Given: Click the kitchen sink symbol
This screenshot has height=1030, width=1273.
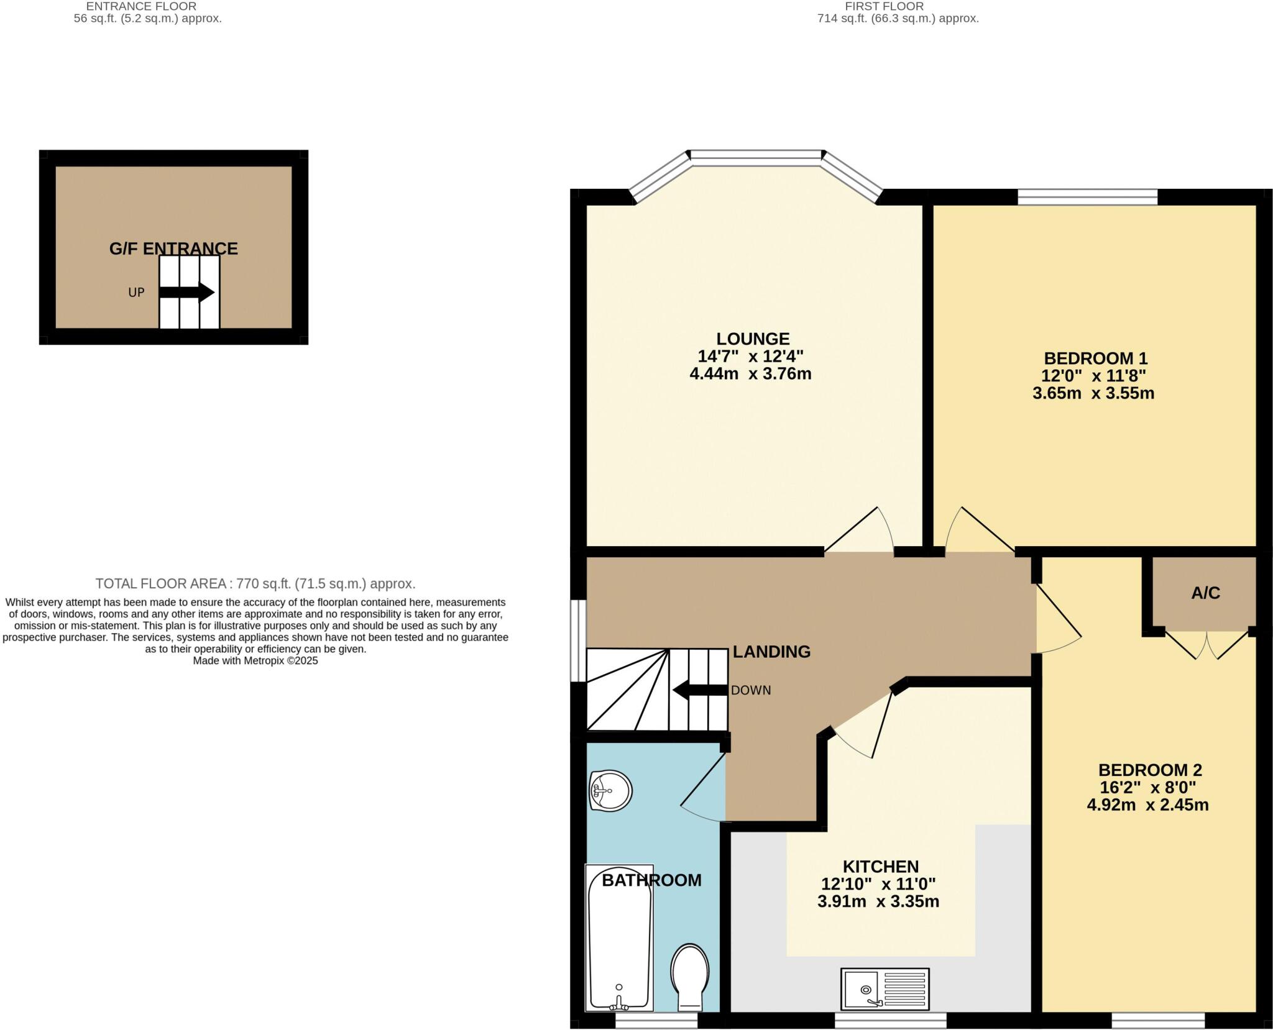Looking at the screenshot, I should [885, 988].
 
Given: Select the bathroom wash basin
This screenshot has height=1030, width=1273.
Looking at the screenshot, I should [610, 791].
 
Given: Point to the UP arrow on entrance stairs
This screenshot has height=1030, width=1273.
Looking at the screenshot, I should [187, 292].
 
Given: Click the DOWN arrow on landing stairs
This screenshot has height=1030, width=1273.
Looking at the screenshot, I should [699, 690].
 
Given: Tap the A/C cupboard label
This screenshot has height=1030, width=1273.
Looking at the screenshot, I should [1205, 593].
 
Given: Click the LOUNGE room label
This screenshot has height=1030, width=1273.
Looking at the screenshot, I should [753, 339].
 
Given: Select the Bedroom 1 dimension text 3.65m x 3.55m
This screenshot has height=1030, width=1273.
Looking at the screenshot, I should [1093, 393].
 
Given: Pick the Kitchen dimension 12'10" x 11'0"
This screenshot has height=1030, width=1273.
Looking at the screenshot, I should [878, 883].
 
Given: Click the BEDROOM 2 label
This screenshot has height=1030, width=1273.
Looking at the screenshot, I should [1150, 770].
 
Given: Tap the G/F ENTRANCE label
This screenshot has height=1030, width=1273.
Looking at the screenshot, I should [173, 248].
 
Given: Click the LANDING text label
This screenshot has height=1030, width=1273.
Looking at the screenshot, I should [771, 651].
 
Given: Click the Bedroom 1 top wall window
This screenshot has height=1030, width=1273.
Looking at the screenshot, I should [1087, 198].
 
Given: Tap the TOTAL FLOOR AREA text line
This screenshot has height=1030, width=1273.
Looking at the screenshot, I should [255, 583].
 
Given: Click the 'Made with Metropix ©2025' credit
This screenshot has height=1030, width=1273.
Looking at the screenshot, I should [255, 661].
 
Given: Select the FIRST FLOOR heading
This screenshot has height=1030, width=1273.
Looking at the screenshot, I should [884, 6].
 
